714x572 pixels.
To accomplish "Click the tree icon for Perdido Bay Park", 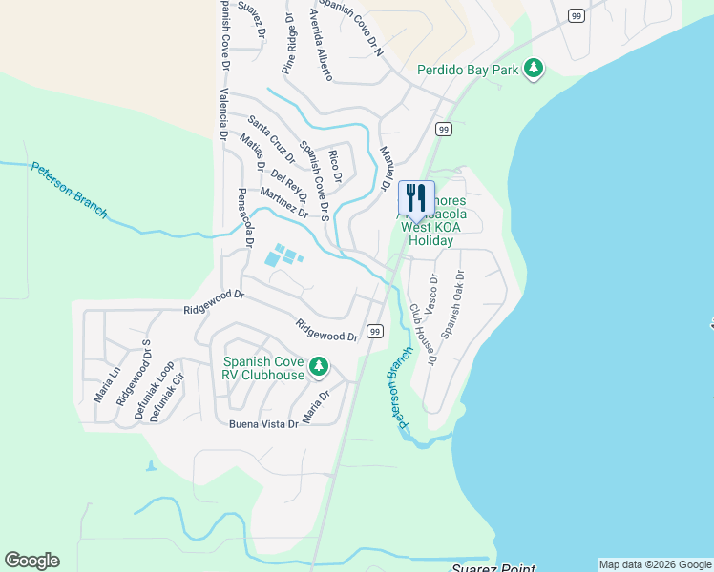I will [535, 69].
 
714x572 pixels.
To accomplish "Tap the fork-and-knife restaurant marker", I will [416, 198].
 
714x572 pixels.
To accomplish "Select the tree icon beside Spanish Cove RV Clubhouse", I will [319, 367].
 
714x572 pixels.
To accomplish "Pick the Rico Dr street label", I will [334, 166].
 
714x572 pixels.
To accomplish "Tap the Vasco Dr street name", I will [431, 295].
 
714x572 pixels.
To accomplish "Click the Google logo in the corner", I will [31, 561].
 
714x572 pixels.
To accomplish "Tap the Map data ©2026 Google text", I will [654, 564].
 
